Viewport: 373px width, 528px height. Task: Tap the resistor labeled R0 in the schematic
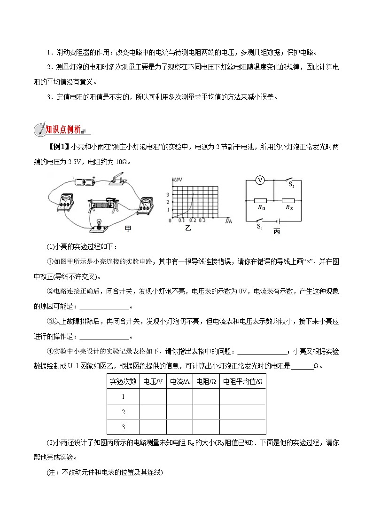tap(260, 199)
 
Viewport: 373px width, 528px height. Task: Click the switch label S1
tap(259, 227)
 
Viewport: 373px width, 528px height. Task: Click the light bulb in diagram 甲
tap(99, 224)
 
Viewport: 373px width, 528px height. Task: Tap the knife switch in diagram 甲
tap(117, 180)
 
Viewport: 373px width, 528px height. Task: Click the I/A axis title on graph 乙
tap(229, 220)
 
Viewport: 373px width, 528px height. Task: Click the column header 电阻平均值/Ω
tap(242, 381)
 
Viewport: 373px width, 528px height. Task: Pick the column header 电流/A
tap(179, 381)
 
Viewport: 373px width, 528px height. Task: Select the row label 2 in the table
tap(123, 412)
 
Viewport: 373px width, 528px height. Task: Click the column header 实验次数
tap(123, 381)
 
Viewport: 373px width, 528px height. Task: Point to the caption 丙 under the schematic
tap(276, 232)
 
